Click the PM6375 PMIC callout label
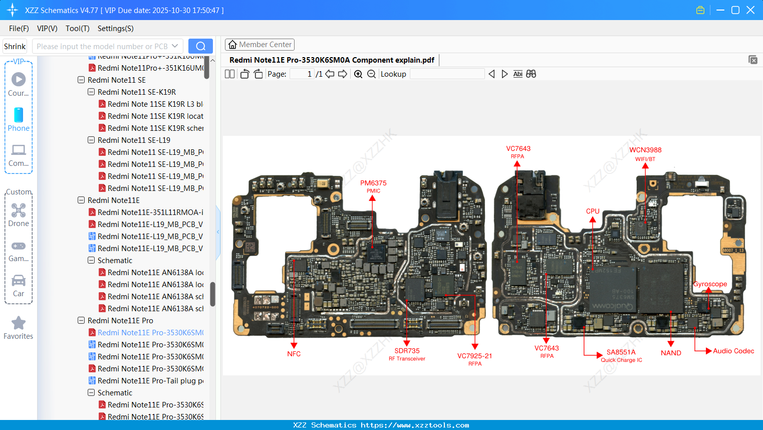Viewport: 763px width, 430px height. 373,186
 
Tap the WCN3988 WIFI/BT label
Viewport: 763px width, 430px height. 645,153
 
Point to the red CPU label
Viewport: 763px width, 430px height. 593,211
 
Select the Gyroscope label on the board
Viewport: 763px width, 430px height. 710,284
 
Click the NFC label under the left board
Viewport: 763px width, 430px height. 294,354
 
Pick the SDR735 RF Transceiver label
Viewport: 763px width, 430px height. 407,354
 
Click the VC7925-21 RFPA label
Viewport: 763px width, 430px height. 474,359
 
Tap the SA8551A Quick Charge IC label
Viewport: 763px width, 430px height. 621,355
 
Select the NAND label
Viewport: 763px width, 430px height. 671,353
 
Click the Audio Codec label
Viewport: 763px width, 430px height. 733,351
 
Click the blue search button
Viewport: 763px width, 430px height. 200,46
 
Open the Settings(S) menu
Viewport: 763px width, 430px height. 115,29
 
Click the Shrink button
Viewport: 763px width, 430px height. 15,46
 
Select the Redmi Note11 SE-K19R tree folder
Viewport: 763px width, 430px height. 136,92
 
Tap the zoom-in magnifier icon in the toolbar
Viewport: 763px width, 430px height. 358,74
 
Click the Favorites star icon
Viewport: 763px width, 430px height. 19,323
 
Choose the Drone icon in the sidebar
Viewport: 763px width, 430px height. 19,210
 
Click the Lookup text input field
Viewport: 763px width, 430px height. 447,74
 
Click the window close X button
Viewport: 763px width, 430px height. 750,10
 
